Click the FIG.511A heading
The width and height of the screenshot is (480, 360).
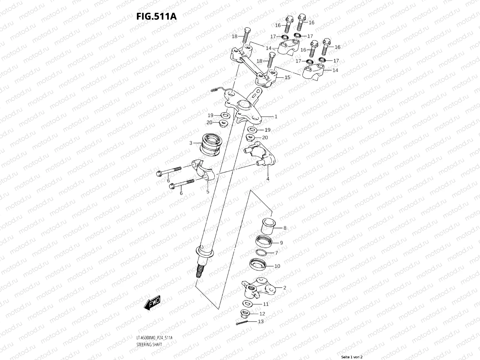click(x=156, y=16)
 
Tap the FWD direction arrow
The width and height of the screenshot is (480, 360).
click(x=152, y=303)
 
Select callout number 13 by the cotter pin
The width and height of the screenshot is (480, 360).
click(x=260, y=322)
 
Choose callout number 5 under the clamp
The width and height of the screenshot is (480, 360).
click(x=208, y=192)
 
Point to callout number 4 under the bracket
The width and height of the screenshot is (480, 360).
click(x=268, y=179)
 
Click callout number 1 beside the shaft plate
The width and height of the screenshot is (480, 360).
click(x=276, y=117)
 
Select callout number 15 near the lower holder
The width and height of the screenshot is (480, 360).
click(x=287, y=77)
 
